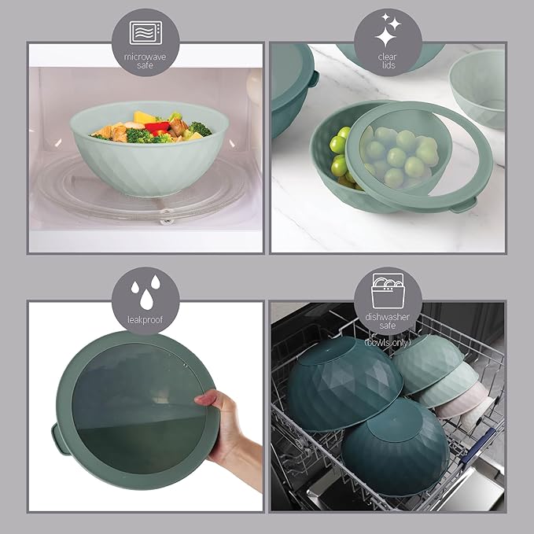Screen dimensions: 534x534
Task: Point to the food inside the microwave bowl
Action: [149, 126]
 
